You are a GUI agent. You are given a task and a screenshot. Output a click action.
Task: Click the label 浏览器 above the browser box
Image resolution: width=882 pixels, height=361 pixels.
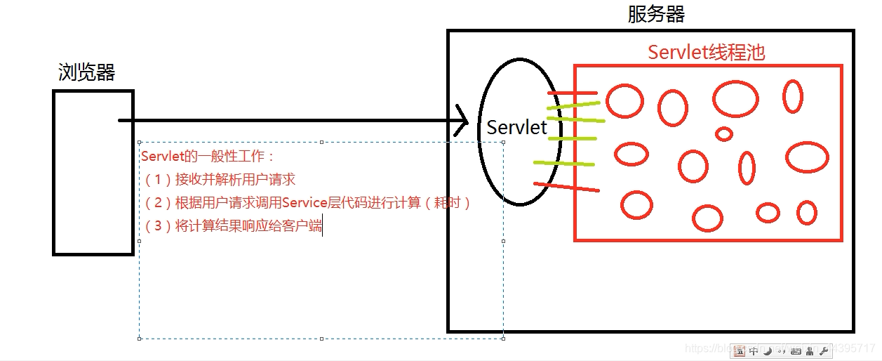(86, 72)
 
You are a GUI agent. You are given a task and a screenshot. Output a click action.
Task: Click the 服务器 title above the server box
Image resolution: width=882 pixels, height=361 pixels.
(656, 14)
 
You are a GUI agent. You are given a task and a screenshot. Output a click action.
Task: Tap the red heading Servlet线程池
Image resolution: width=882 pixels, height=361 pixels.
(706, 52)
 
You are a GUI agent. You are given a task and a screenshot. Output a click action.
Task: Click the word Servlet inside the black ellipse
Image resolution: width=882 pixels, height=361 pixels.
(516, 127)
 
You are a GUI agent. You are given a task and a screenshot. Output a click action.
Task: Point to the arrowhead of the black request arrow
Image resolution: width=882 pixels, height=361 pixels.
(464, 120)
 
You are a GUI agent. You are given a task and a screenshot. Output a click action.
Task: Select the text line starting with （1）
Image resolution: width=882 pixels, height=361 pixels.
(219, 179)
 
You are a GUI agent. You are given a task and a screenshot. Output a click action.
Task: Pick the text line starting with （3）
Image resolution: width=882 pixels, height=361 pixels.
(232, 225)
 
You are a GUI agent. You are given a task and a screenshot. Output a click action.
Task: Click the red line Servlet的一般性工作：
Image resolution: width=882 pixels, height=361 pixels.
(208, 156)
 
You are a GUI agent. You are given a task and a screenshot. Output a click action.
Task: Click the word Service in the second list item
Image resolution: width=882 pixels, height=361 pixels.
(305, 202)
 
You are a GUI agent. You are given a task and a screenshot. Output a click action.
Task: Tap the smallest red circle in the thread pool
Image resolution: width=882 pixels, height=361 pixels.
(724, 133)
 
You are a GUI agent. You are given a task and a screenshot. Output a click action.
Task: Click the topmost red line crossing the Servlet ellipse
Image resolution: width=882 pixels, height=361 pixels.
(572, 93)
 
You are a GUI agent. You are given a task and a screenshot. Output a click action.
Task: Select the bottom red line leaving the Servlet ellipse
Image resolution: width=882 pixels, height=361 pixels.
(566, 187)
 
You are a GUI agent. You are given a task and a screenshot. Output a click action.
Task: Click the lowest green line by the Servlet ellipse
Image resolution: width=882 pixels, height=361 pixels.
(563, 164)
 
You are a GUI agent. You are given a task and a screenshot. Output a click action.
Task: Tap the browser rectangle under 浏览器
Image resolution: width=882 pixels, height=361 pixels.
(93, 172)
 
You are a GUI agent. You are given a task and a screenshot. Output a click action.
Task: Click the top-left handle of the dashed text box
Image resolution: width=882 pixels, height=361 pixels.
(140, 143)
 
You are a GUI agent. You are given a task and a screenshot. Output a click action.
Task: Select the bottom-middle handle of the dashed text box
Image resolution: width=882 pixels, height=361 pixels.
(321, 339)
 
